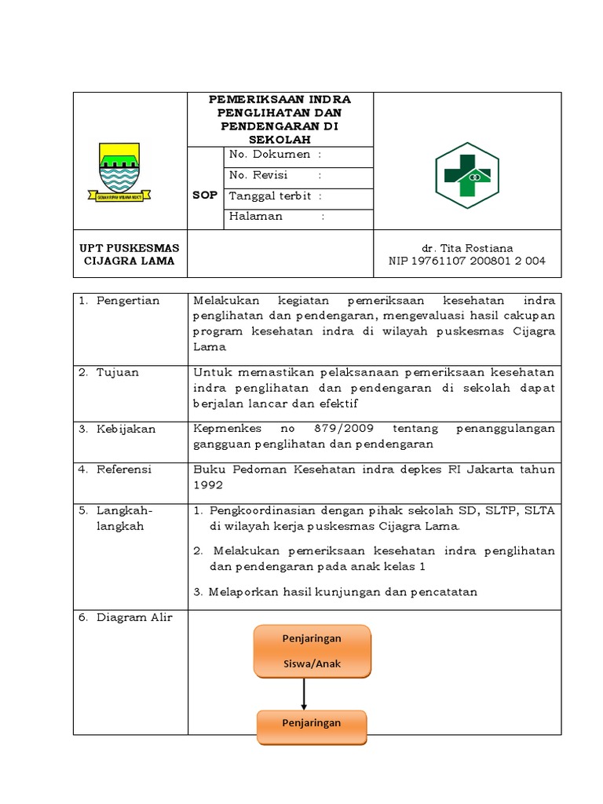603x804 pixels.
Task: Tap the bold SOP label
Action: (x=205, y=196)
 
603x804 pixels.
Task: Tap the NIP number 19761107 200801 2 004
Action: (x=466, y=261)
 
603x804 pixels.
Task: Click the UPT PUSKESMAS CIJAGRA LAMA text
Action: (x=130, y=254)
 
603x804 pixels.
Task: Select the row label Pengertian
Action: (x=127, y=301)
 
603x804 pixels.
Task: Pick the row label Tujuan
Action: (x=118, y=372)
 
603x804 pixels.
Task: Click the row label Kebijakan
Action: (x=126, y=429)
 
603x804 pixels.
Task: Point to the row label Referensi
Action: (x=124, y=470)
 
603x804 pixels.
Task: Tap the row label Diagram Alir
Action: (x=133, y=617)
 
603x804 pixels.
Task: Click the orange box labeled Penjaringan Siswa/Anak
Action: (x=312, y=651)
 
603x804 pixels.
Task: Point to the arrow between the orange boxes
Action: (x=304, y=693)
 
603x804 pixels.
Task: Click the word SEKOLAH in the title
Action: (x=280, y=138)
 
